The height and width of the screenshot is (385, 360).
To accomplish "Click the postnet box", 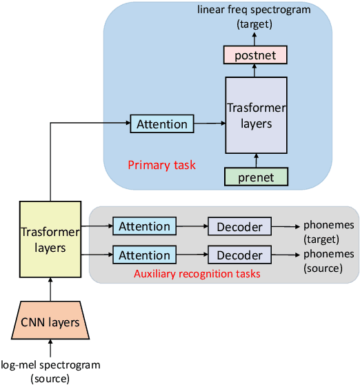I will tap(256, 54).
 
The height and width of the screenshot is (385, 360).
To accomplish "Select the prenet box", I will tap(256, 177).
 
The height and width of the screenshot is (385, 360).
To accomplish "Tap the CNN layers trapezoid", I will tap(50, 322).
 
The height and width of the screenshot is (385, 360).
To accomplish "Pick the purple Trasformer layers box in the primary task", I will tap(256, 115).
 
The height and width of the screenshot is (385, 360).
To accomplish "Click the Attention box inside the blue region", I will tap(161, 124).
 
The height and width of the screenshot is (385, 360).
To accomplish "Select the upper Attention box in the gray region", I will tap(144, 226).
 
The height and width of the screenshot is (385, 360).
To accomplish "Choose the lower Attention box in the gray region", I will tap(144, 255).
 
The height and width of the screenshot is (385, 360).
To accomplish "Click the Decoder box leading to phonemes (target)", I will tap(240, 226).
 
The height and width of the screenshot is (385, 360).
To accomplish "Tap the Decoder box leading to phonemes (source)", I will tap(240, 255).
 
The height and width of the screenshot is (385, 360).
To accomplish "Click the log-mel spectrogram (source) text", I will tap(50, 371).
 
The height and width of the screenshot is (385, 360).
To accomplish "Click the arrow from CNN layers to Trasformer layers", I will tap(50, 290).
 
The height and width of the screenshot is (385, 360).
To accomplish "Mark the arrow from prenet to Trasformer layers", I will tap(256, 159).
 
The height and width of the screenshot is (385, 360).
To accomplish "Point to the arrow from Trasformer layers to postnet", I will tap(256, 70).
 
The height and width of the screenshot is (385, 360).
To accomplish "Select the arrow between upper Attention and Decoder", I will tap(192, 226).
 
